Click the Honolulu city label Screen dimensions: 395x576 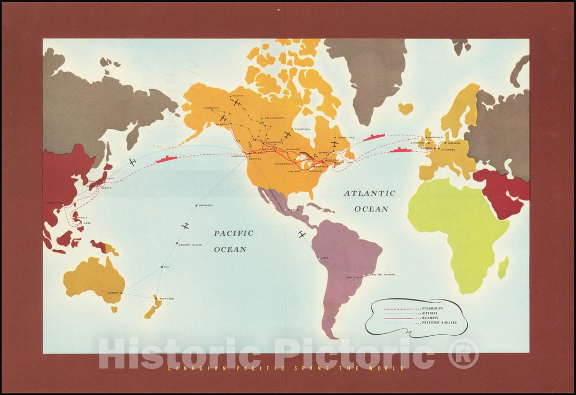coord(206,206)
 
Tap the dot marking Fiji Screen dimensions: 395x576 coord(161,267)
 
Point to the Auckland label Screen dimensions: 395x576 coord(166,298)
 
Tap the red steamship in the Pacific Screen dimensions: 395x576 coord(167,159)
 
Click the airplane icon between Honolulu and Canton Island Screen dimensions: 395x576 coord(185,226)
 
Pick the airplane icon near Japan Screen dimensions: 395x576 coord(132,162)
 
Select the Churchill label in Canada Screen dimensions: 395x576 coord(302,129)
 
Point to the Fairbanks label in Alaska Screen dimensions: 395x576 coord(212,108)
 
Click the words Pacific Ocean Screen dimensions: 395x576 coord(234,241)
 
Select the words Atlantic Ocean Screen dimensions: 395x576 coord(369,201)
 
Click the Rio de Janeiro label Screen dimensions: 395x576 coord(384,274)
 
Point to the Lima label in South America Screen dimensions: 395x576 coord(325,258)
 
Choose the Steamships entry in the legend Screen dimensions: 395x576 coord(432,309)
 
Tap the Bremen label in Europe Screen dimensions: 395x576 coord(454,143)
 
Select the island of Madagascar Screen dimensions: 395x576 coord(503,267)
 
